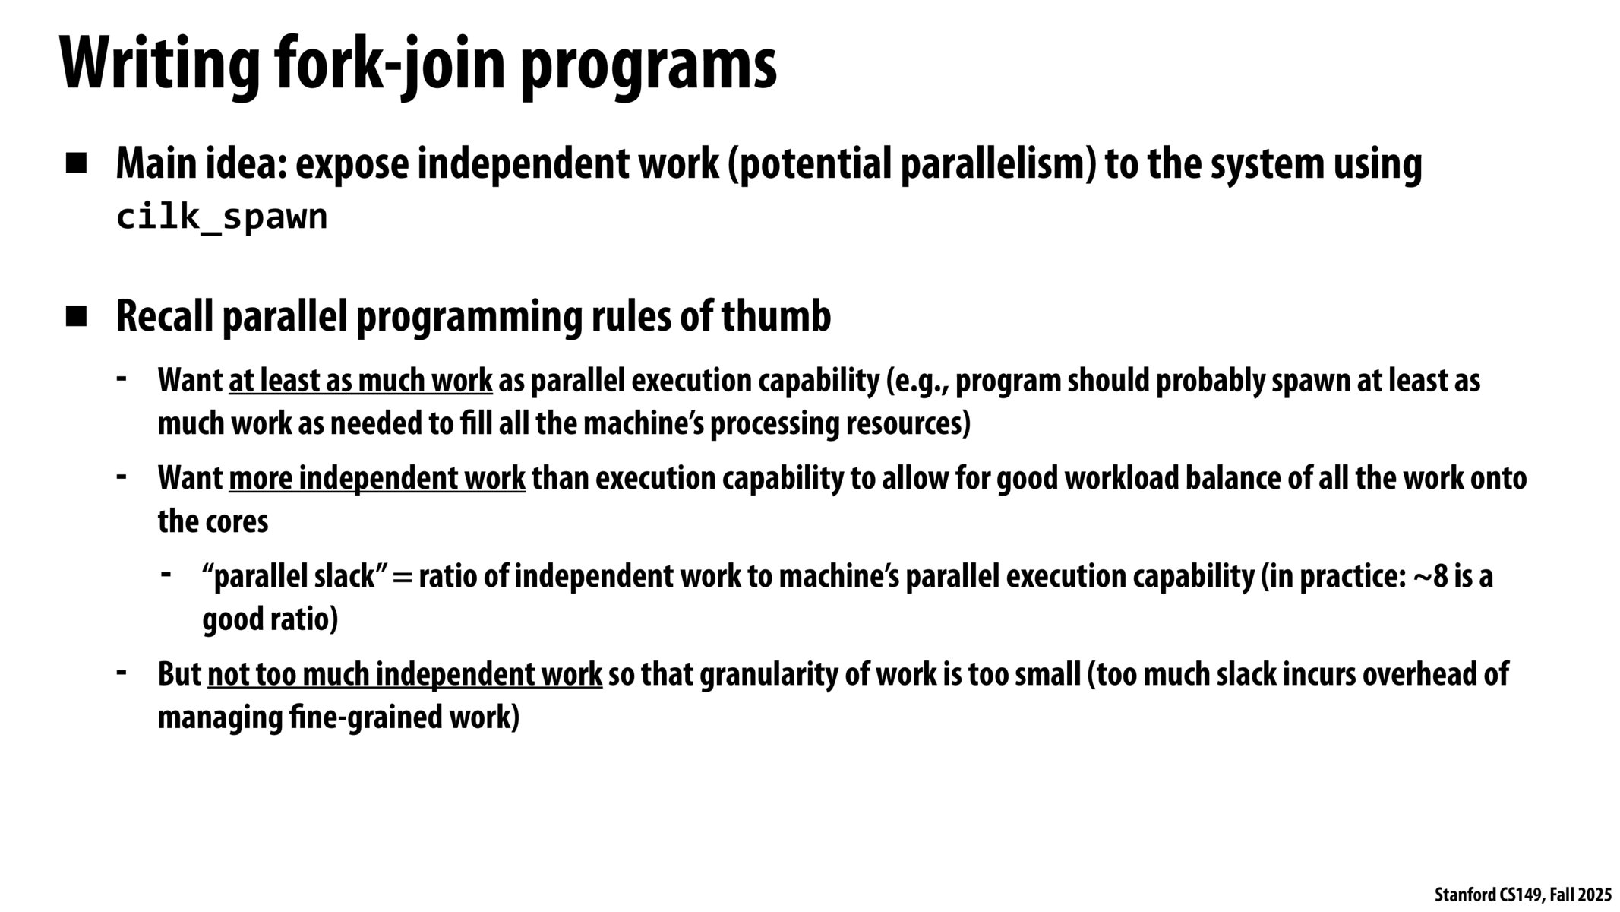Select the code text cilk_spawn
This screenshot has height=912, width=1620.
tap(222, 217)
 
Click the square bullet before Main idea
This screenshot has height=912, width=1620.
tap(77, 163)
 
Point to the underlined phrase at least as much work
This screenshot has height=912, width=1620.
tap(361, 381)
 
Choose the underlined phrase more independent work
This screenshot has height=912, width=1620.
tap(377, 479)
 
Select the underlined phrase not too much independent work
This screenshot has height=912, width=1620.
tap(405, 675)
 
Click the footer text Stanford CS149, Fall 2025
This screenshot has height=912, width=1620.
tap(1523, 895)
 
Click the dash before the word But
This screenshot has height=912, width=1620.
tap(122, 672)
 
